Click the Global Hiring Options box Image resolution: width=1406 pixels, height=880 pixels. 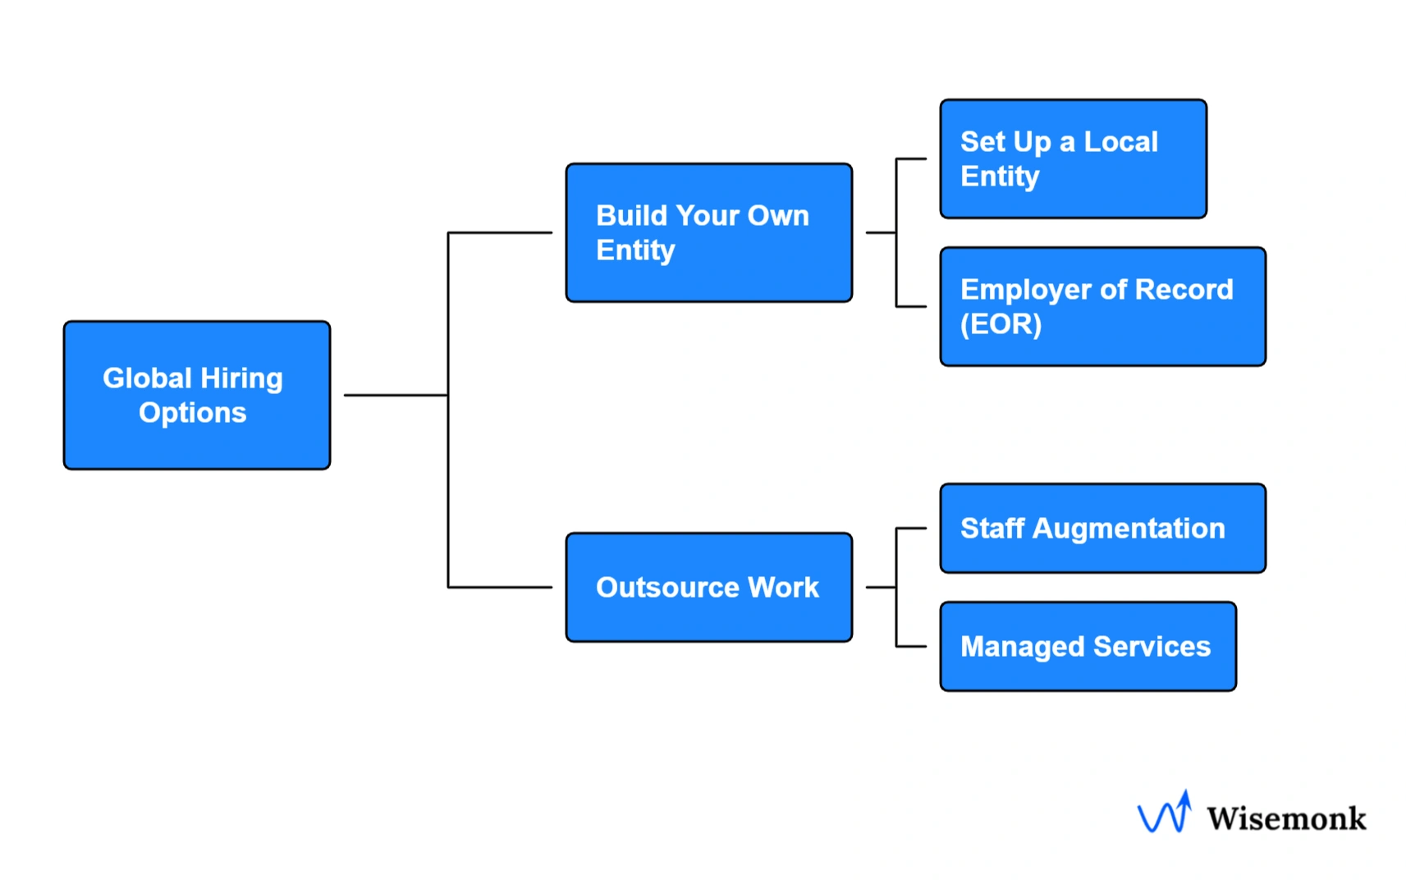197,395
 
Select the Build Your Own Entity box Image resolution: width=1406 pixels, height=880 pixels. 708,232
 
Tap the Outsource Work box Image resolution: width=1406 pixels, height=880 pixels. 708,587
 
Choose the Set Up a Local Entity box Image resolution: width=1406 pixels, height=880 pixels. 1073,158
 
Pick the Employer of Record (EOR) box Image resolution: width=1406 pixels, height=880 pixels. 1102,306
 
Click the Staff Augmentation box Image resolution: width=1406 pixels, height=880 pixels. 1102,528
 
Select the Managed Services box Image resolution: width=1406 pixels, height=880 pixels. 1088,646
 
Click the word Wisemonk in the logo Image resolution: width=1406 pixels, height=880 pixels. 1285,818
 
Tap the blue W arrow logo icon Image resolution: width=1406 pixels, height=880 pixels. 1165,813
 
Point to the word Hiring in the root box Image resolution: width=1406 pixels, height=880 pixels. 241,378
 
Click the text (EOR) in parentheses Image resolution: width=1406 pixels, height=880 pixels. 1001,324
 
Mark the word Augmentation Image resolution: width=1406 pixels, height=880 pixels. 1128,529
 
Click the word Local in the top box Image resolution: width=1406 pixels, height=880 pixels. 1120,142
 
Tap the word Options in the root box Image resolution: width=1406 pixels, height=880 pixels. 192,413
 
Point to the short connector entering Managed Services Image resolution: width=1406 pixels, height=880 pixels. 911,646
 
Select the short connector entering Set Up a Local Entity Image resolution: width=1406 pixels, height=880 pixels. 911,158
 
